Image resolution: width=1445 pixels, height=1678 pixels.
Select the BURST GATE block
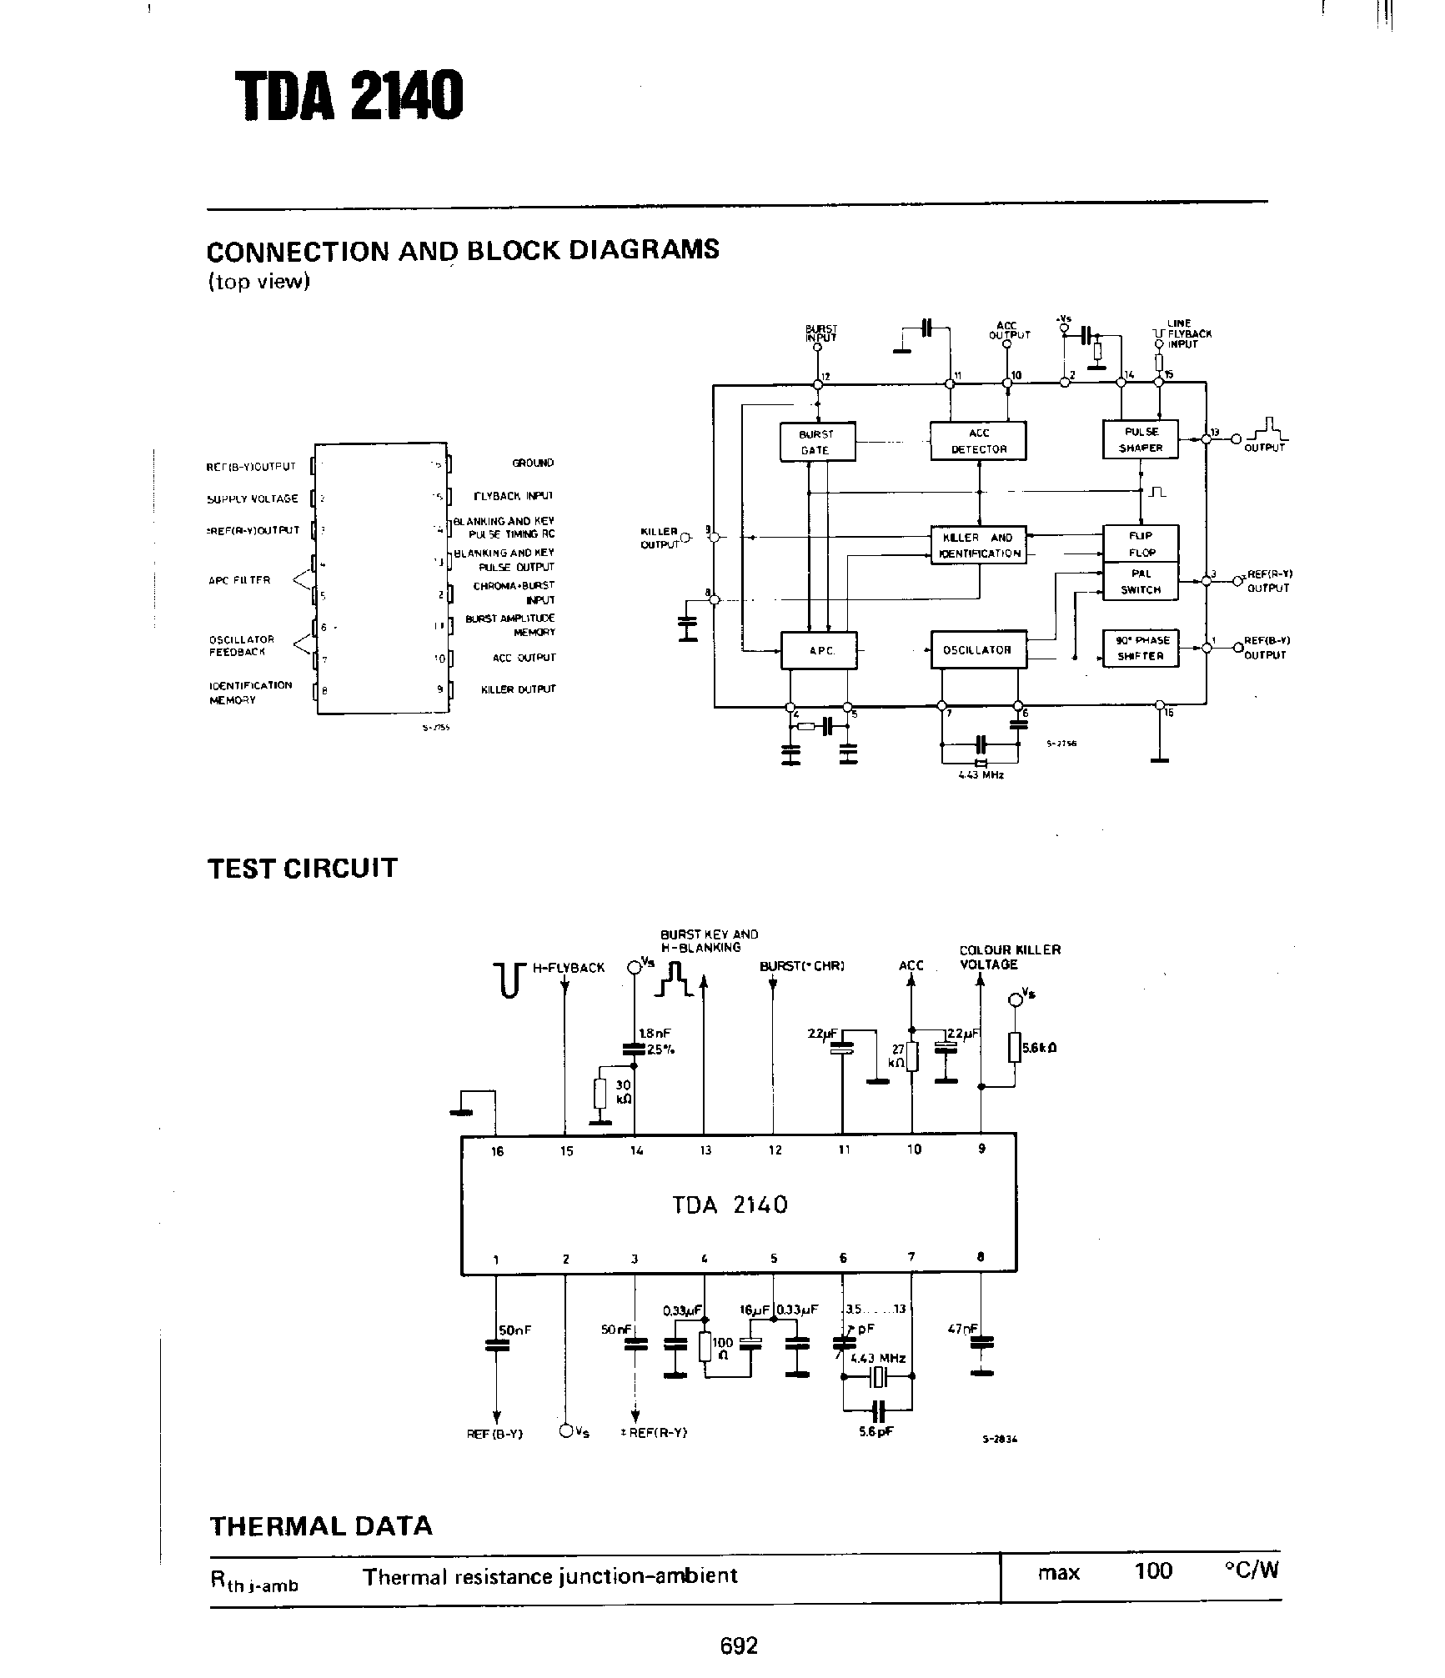[816, 442]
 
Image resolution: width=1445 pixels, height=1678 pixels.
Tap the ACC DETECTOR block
[978, 441]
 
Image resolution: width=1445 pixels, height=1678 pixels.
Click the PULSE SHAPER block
[1140, 439]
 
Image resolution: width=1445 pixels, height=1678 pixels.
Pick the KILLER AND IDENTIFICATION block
[978, 545]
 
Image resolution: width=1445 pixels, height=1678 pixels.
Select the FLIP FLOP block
[1141, 543]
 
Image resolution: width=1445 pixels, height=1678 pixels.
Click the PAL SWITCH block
[1141, 581]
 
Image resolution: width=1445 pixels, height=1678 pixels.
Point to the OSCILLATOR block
[978, 650]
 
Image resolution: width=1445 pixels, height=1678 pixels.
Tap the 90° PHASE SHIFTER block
[1141, 648]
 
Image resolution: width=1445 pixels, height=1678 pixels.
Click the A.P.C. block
[818, 650]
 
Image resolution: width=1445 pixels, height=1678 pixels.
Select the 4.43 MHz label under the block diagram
[981, 774]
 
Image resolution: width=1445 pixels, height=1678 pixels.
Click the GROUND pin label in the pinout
[533, 463]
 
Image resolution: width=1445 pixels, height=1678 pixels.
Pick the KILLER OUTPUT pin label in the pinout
[518, 689]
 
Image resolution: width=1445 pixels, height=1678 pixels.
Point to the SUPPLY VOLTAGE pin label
[253, 498]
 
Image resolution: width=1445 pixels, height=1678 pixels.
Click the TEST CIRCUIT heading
[303, 868]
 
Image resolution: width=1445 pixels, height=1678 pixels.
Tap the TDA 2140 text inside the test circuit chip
[730, 1205]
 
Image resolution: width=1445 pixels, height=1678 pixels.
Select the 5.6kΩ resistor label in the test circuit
[1040, 1048]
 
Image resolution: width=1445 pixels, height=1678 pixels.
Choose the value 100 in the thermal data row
[1153, 1571]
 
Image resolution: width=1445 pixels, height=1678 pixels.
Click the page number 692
[739, 1645]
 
